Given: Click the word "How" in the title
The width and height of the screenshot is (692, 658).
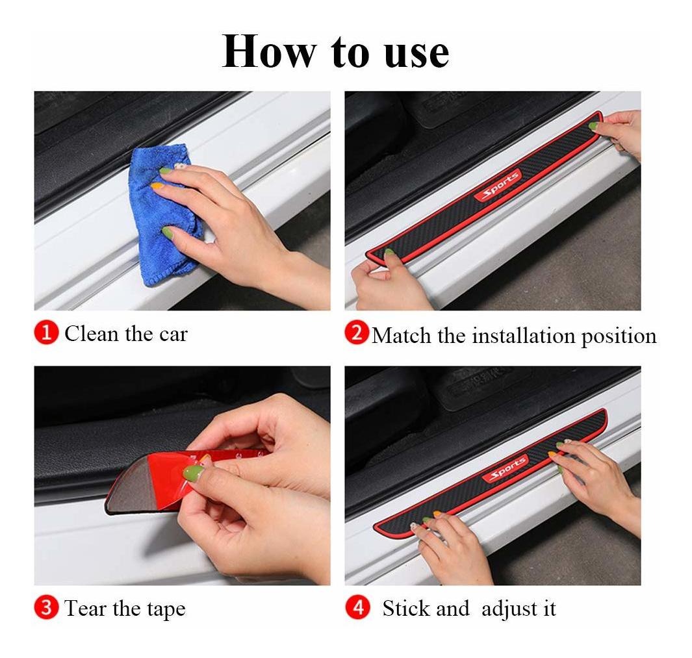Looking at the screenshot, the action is coord(269,51).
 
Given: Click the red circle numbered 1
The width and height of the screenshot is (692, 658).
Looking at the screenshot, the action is coord(46,333).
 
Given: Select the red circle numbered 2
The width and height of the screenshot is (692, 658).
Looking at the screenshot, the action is coord(357,333).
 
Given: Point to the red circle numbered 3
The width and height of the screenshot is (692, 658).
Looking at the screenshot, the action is coord(46,607).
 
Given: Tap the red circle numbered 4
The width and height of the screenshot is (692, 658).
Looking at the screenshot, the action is coord(358,607).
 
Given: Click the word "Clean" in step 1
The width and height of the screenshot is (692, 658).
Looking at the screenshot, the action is coord(92,334).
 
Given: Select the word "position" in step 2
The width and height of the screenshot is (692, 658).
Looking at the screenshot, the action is coord(619,337).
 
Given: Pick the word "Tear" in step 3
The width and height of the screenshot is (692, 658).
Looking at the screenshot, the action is coord(86,609).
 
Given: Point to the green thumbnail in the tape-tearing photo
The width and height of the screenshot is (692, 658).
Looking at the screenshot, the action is coord(193,473).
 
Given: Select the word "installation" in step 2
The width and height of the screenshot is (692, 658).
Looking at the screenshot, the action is coord(524,336).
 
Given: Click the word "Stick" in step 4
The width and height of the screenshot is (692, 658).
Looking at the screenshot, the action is coord(405,609).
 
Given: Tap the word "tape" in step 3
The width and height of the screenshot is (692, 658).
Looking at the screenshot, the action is coord(166,611).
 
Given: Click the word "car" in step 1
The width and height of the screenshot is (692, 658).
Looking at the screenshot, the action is coord(173,335).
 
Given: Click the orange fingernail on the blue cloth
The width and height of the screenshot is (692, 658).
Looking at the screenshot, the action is coord(157,186).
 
